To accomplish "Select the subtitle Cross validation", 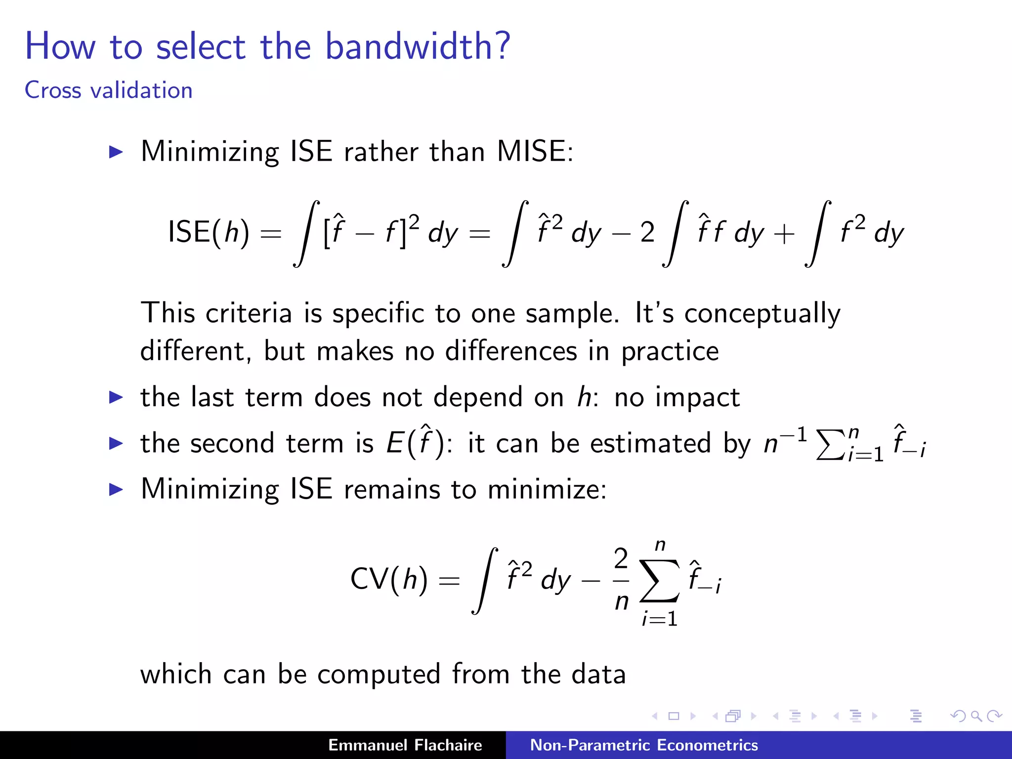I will point(108,90).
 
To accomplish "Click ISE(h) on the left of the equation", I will point(208,232).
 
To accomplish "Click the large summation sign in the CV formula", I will point(659,581).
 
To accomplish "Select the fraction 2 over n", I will point(621,579).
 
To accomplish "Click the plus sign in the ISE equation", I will point(784,233).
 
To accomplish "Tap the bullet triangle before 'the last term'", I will point(116,397).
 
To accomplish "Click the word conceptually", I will point(762,314).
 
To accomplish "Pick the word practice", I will point(670,352).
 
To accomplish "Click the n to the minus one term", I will point(785,441).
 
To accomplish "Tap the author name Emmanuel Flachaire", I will point(405,745).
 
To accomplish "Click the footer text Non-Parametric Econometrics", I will point(643,745).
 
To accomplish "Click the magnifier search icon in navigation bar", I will point(976,716).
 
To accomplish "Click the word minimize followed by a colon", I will point(546,489).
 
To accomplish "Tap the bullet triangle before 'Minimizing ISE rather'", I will point(116,152).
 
